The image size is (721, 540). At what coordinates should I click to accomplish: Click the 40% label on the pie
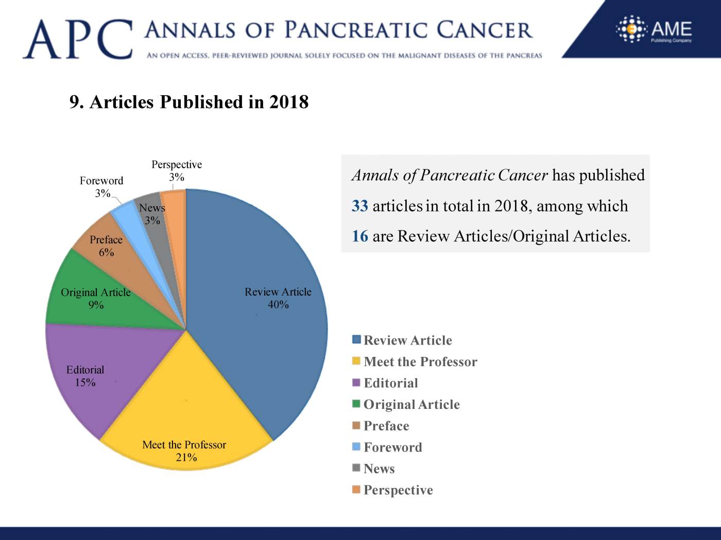coord(278,304)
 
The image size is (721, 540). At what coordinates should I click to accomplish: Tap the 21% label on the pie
coord(186,457)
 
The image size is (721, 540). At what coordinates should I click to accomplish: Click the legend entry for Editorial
coord(390,383)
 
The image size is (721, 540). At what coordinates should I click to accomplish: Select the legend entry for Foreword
coord(392,447)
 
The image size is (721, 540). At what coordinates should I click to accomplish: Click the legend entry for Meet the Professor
coord(420,362)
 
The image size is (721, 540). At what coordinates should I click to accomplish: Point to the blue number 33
coord(359,206)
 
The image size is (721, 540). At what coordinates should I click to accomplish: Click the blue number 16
coord(359,236)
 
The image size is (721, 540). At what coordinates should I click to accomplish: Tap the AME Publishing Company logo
coord(654,29)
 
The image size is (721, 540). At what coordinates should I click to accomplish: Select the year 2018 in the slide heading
coord(288,102)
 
